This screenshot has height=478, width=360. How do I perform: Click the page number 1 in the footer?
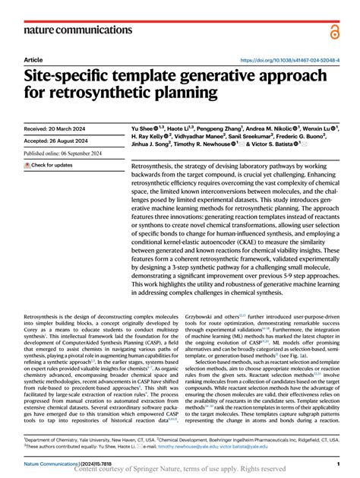[x=336, y=462]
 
